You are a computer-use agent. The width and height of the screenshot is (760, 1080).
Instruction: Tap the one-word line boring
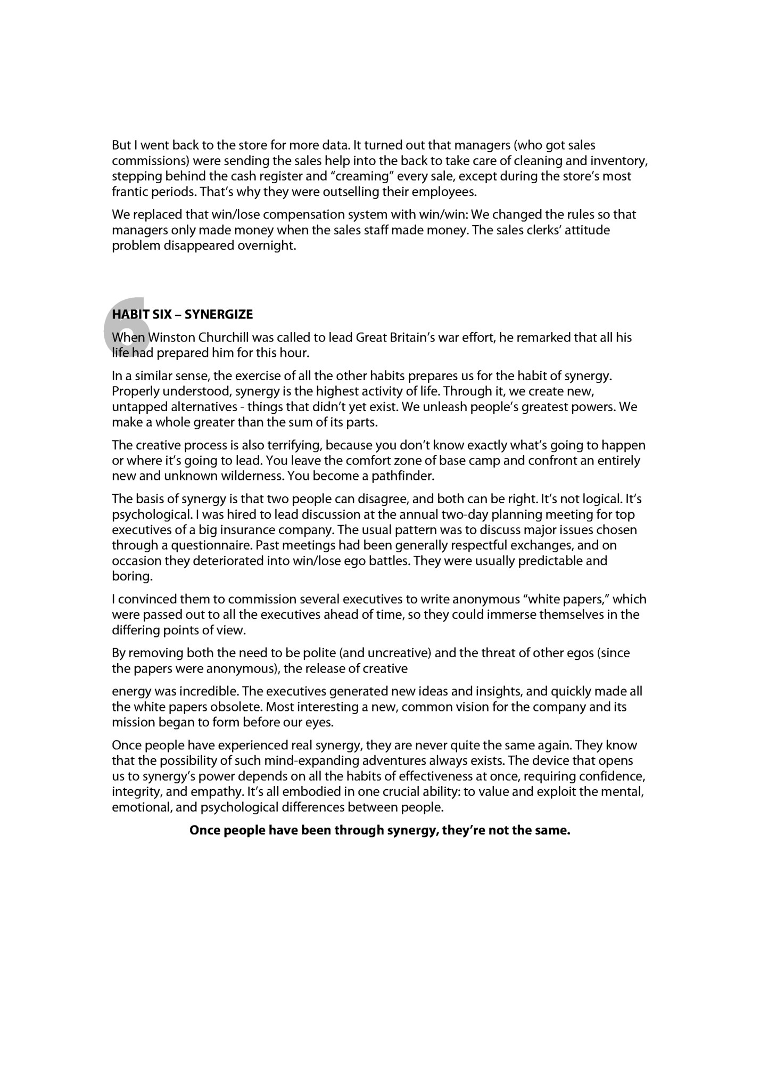(132, 576)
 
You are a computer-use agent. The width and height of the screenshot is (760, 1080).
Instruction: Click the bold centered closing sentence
(379, 830)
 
